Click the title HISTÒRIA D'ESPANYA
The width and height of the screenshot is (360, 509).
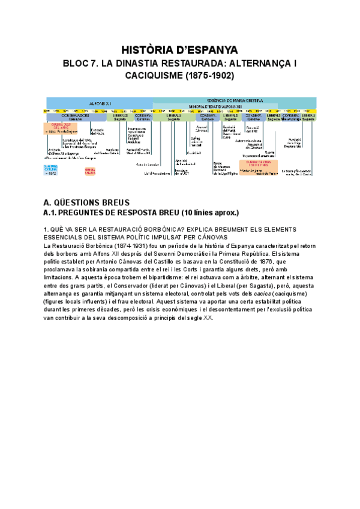click(180, 49)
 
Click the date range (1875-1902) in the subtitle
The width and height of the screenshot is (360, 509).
click(209, 76)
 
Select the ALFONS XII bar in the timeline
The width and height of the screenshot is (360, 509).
click(97, 103)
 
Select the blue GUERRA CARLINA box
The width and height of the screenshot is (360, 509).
click(51, 169)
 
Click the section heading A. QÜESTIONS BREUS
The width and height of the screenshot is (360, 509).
click(87, 202)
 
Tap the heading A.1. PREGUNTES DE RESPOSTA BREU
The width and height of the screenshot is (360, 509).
click(141, 213)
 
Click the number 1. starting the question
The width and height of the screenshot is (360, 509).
click(47, 229)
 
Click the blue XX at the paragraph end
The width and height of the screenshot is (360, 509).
click(208, 318)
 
